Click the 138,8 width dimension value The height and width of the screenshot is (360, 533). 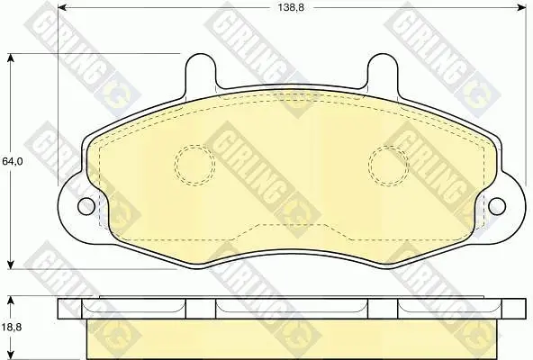291,7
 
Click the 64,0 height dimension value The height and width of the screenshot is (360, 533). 13,161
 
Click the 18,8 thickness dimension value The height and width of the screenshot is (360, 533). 12,328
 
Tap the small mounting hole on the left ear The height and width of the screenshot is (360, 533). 86,206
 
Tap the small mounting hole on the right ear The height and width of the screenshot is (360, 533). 497,206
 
